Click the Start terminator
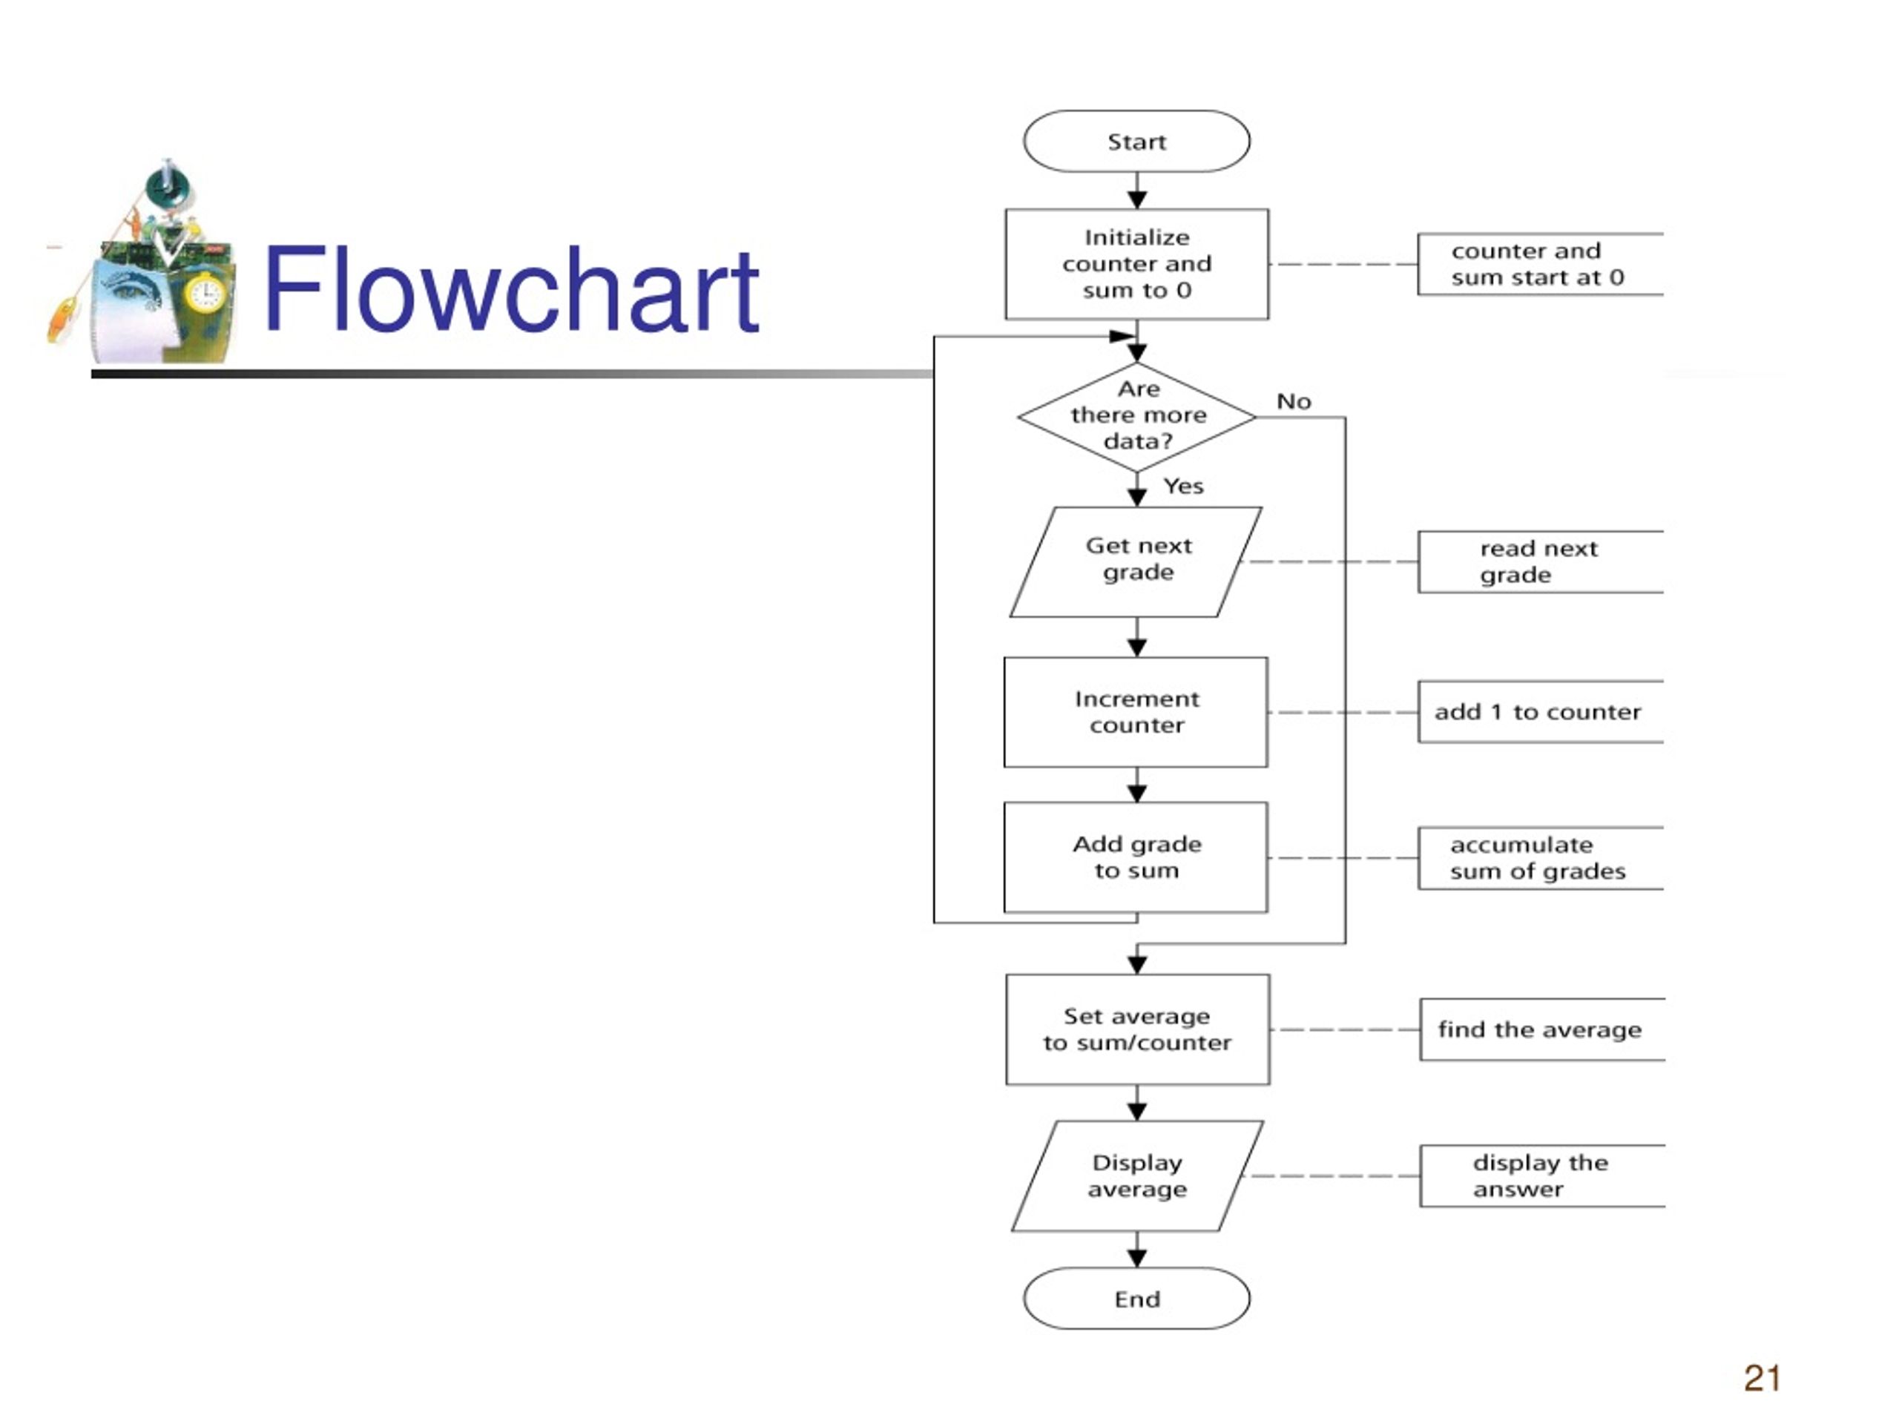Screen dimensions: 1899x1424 1136,141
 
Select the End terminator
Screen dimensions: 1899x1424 1136,1299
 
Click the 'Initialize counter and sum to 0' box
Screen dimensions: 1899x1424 1136,263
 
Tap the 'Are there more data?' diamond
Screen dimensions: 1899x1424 1136,416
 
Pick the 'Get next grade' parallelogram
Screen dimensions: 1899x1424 1136,561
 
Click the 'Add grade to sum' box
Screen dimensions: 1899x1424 1136,857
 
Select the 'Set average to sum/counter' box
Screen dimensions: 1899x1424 1137,1029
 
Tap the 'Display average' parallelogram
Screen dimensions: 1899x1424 1137,1176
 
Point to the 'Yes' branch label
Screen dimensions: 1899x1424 1183,486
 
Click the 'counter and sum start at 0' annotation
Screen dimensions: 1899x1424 1540,263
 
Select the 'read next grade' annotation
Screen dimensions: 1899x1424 1540,561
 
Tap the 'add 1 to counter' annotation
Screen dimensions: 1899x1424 1540,711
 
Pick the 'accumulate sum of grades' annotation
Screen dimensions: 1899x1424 1540,857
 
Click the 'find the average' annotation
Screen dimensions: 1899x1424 1542,1029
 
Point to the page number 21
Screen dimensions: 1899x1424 1762,1378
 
